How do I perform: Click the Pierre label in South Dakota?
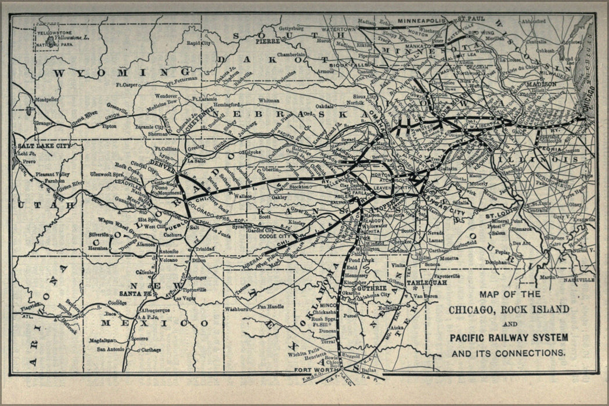click(268, 42)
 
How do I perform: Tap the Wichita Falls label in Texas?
click(303, 351)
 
